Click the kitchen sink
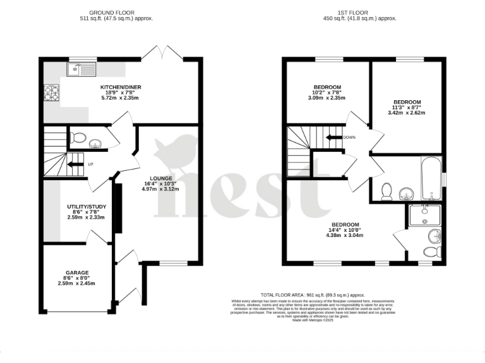[83, 68]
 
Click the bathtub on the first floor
[432, 177]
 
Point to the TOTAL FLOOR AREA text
[313, 294]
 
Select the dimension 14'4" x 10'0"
[345, 230]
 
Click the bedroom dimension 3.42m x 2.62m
[407, 113]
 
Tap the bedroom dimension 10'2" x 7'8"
[327, 92]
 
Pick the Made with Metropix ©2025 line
[313, 320]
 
